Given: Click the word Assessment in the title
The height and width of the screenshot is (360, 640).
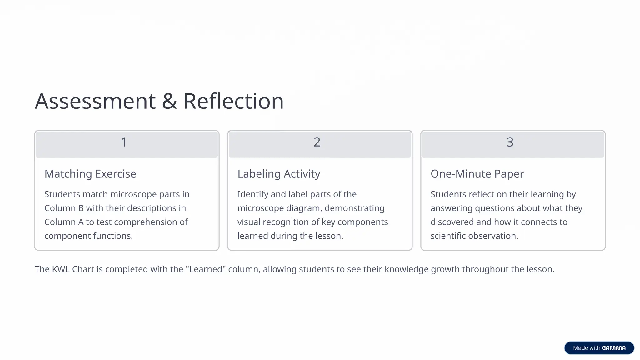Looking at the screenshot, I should [95, 101].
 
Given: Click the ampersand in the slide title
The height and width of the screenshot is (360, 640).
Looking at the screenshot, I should [169, 101].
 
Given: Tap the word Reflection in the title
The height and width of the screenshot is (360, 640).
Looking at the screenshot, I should [233, 101].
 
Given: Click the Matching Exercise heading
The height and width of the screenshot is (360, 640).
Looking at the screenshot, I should [90, 174].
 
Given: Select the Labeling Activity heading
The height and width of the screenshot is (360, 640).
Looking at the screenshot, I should [279, 174].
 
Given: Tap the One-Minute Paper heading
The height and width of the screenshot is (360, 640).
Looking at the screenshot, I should [477, 174].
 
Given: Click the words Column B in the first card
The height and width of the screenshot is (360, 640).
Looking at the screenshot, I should [64, 208].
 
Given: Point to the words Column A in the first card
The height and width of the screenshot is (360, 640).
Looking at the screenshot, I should [64, 222].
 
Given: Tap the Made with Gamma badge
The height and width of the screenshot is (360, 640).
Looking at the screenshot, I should [599, 348].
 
